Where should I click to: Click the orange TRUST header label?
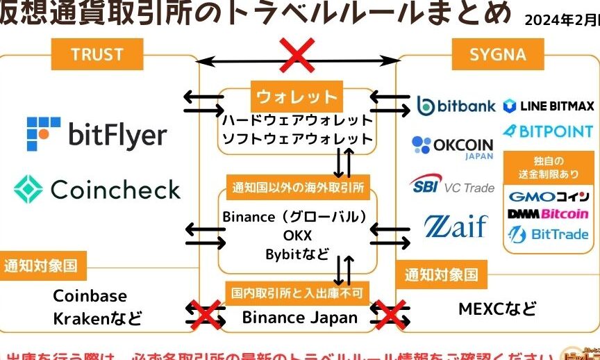(x=97, y=54)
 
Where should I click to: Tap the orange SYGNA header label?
(x=498, y=54)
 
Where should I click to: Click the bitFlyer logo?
(x=97, y=133)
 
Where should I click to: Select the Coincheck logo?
(x=97, y=188)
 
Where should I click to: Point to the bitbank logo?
(x=456, y=106)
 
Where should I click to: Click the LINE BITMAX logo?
(x=549, y=106)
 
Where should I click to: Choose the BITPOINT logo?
(x=549, y=131)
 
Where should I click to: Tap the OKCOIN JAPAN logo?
(x=452, y=147)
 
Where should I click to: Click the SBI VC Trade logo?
(x=451, y=186)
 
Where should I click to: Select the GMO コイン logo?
(x=549, y=197)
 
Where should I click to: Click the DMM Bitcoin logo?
(x=549, y=214)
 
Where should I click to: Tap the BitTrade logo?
(x=549, y=234)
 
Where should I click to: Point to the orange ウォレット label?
(x=297, y=97)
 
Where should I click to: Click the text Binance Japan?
(x=299, y=318)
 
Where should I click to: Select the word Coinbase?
(x=90, y=296)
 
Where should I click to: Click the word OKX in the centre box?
(x=297, y=236)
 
